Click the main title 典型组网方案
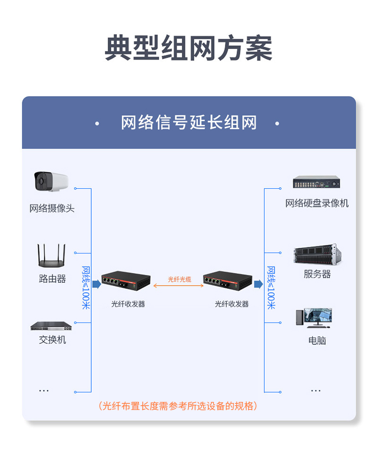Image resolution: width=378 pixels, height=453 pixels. coord(189,48)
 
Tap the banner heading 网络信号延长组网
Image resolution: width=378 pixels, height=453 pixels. coord(189,123)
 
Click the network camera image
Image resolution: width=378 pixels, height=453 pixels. coord(51,182)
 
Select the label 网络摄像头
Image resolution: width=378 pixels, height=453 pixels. coord(52,208)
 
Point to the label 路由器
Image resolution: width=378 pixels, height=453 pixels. coord(52,279)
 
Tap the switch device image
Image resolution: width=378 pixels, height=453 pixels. coord(51,326)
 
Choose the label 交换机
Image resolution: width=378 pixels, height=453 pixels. coord(52,340)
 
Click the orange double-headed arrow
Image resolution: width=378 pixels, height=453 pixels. coord(179,286)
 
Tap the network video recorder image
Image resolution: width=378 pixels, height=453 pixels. coord(316,182)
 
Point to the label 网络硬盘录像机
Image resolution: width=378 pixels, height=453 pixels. coord(317,203)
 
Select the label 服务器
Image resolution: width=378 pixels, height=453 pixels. coord(317,274)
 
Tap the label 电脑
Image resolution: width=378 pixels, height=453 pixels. coord(317,340)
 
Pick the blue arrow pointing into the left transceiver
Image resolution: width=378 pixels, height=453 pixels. coord(96,284)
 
